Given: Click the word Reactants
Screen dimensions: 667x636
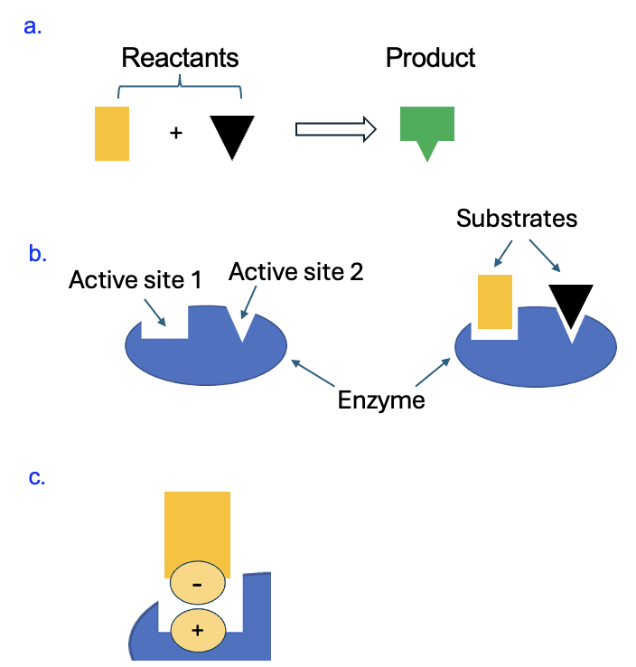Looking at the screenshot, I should [180, 59].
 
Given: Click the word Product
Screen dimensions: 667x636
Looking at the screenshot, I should [430, 59].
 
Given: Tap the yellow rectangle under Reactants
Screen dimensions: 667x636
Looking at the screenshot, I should [112, 134].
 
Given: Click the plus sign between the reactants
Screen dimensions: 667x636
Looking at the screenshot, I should [176, 134].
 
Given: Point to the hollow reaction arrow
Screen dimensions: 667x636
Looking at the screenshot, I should [335, 129].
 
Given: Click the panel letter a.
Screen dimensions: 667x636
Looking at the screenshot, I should [33, 26].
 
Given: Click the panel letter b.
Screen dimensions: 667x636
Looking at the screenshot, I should [37, 254].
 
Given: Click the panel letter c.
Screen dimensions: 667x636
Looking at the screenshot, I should [37, 477].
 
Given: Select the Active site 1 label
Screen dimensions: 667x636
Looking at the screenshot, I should [135, 281].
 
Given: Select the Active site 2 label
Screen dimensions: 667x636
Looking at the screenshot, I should [296, 271].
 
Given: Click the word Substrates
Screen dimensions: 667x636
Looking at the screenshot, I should [516, 218].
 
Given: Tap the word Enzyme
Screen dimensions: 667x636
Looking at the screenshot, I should [381, 399].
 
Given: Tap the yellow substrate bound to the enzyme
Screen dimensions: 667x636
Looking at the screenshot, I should [495, 301].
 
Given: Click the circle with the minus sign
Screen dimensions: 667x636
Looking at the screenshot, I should [197, 586].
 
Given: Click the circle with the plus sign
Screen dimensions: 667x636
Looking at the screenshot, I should [197, 631].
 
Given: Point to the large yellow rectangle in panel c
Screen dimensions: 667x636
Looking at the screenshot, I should [197, 529].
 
